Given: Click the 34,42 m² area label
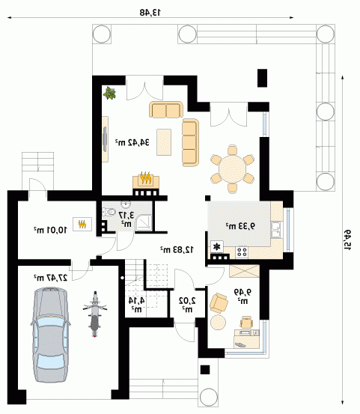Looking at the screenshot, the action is (132, 142).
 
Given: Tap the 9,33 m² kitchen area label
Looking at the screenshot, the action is (240, 226).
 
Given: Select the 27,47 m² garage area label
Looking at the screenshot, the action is (50, 278).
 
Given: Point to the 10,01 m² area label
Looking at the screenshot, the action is (50, 230).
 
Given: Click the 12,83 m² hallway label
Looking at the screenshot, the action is (177, 249).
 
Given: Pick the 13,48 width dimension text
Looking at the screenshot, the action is (150, 12).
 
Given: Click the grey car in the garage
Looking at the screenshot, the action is (50, 335).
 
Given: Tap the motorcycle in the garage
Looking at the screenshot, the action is (95, 314).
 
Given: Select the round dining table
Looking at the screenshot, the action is (232, 168).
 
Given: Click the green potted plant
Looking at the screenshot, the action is (109, 93).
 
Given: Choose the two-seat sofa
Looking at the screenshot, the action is (166, 109).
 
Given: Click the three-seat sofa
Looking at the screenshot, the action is (190, 142).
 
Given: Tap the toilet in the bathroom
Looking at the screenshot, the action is (109, 211).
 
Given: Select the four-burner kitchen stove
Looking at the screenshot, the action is (242, 252).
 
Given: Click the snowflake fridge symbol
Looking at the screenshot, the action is (217, 247).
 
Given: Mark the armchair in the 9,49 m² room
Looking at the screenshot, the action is (219, 303).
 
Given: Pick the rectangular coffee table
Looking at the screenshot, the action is (164, 142).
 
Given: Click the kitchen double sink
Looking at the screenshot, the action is (275, 230).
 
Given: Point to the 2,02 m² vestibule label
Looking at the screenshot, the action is (187, 304).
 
